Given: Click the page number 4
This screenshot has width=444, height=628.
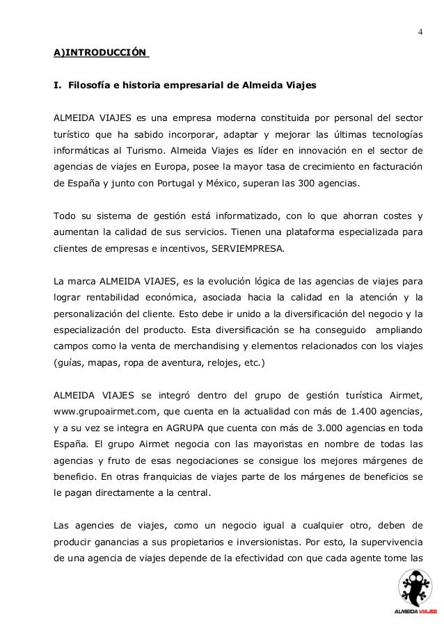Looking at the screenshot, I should pos(420,32).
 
